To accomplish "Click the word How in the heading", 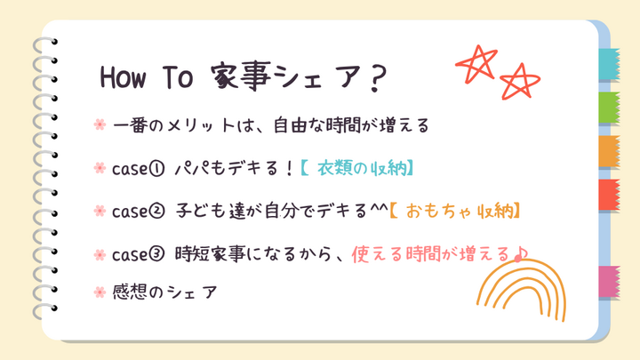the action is click(123, 76).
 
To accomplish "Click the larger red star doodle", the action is click(476, 64).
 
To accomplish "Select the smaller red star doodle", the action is click(520, 81).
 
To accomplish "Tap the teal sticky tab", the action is click(609, 64).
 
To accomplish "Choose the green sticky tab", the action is click(609, 108).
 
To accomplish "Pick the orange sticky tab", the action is click(609, 151).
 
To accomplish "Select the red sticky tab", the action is click(609, 195).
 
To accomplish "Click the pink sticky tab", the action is click(609, 281).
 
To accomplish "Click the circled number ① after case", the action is click(156, 168).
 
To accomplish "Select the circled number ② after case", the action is click(156, 211).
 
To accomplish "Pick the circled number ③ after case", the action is click(156, 254).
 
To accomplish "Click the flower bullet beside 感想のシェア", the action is click(100, 292).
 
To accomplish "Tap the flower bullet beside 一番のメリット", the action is click(100, 124).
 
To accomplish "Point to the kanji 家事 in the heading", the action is click(241, 76).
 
